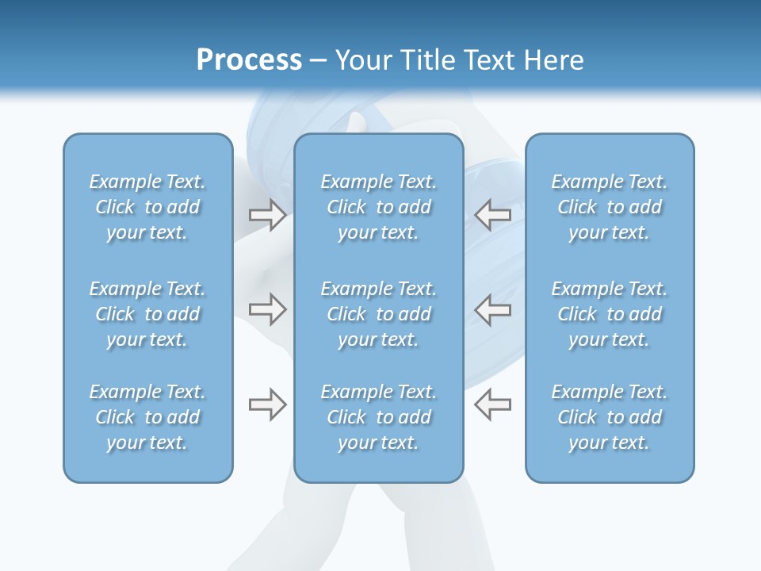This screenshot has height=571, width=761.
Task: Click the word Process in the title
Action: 249,60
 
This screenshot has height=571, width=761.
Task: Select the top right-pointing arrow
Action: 267,215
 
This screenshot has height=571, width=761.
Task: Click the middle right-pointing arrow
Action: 267,309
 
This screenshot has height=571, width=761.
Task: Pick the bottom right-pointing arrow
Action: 267,404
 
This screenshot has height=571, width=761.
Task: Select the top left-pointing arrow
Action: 493,215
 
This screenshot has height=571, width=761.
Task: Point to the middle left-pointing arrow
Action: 493,309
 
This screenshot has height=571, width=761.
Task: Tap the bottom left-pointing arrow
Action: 493,404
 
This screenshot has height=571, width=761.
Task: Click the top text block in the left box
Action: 147,207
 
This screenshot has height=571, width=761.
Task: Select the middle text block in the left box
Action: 147,314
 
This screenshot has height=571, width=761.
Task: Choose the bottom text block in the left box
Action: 147,417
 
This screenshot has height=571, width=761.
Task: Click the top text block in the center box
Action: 379,207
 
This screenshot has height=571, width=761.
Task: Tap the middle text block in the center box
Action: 379,314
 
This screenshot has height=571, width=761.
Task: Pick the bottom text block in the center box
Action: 379,417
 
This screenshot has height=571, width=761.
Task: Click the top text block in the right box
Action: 610,207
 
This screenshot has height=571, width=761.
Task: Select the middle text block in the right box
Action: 610,314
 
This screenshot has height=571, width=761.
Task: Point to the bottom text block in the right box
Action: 610,417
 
